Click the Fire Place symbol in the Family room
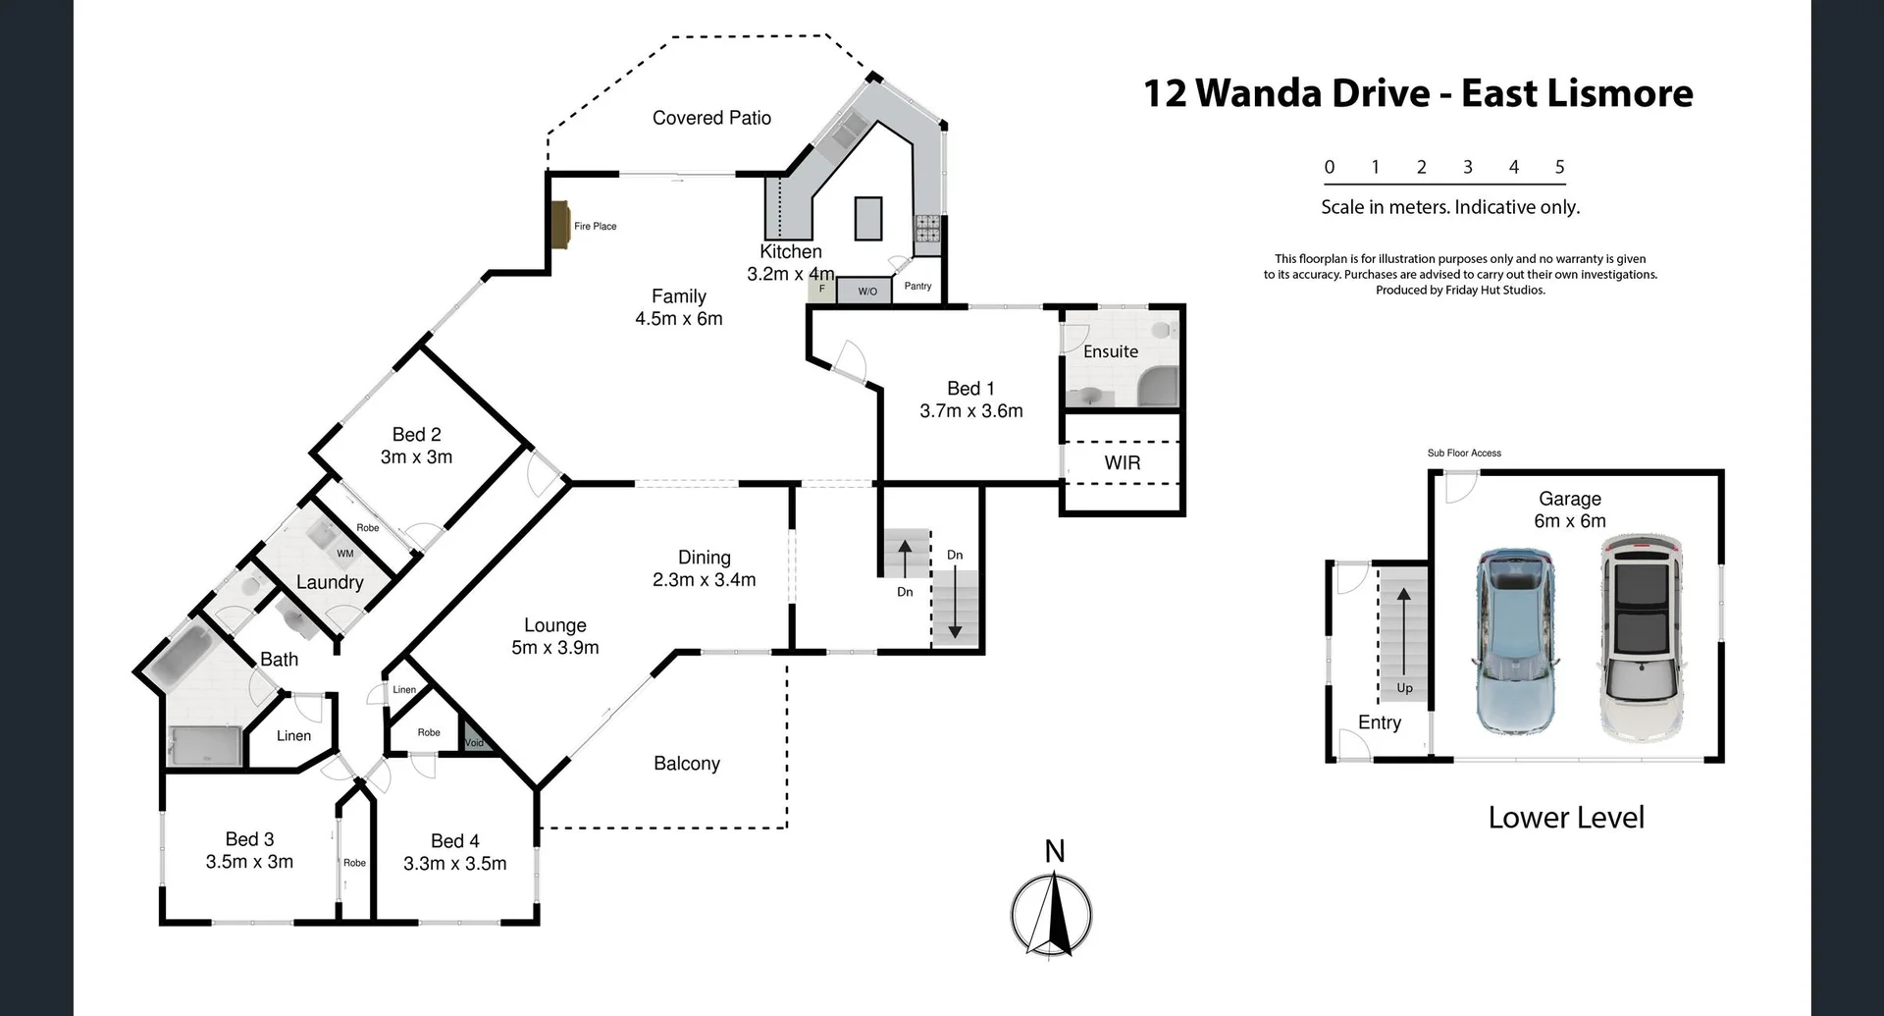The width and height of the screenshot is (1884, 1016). [561, 227]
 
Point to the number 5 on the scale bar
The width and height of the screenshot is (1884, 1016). [1559, 167]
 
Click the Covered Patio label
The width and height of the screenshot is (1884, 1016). [711, 118]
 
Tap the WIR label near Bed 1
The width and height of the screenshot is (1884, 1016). [1122, 462]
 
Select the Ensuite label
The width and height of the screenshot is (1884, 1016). [1111, 351]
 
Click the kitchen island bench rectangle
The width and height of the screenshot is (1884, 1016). [867, 218]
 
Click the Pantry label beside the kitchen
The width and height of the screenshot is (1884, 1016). [917, 287]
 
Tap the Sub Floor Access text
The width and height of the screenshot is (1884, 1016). [1463, 453]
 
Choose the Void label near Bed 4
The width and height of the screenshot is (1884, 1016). [474, 743]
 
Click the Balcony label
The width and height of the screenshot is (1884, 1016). [686, 764]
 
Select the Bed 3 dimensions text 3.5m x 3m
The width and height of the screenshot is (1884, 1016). [249, 862]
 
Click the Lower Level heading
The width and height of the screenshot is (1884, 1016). [1565, 818]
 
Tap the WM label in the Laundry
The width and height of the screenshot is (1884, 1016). [344, 554]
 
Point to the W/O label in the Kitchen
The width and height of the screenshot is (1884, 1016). [867, 292]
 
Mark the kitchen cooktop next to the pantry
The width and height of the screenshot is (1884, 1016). [927, 229]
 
